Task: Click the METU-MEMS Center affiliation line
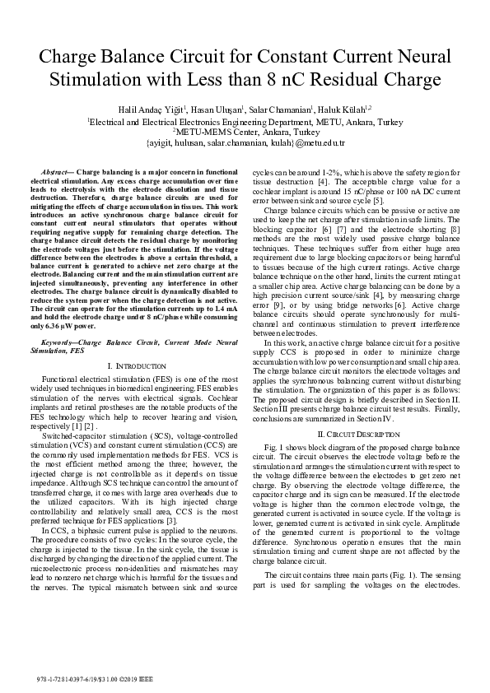[245, 131]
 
